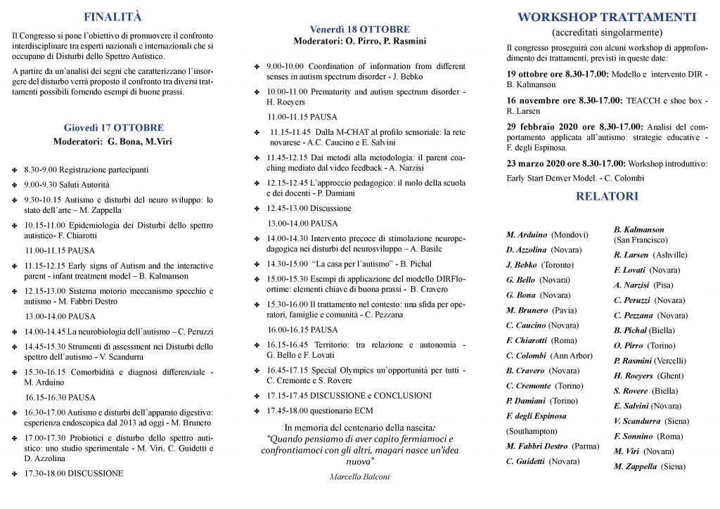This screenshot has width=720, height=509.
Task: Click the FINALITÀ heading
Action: pos(112,17)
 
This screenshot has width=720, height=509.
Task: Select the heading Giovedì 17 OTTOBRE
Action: pos(113,128)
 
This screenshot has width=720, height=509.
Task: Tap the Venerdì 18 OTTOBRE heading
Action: pos(360,30)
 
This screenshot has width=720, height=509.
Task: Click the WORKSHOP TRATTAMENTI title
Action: pos(607,18)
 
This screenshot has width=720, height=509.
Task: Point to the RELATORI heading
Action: pos(607,197)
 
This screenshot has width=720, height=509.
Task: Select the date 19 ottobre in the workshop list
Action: pos(529,74)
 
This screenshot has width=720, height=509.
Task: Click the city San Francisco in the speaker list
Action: pos(641,240)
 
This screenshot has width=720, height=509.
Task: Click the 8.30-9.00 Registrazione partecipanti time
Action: pos(40,169)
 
